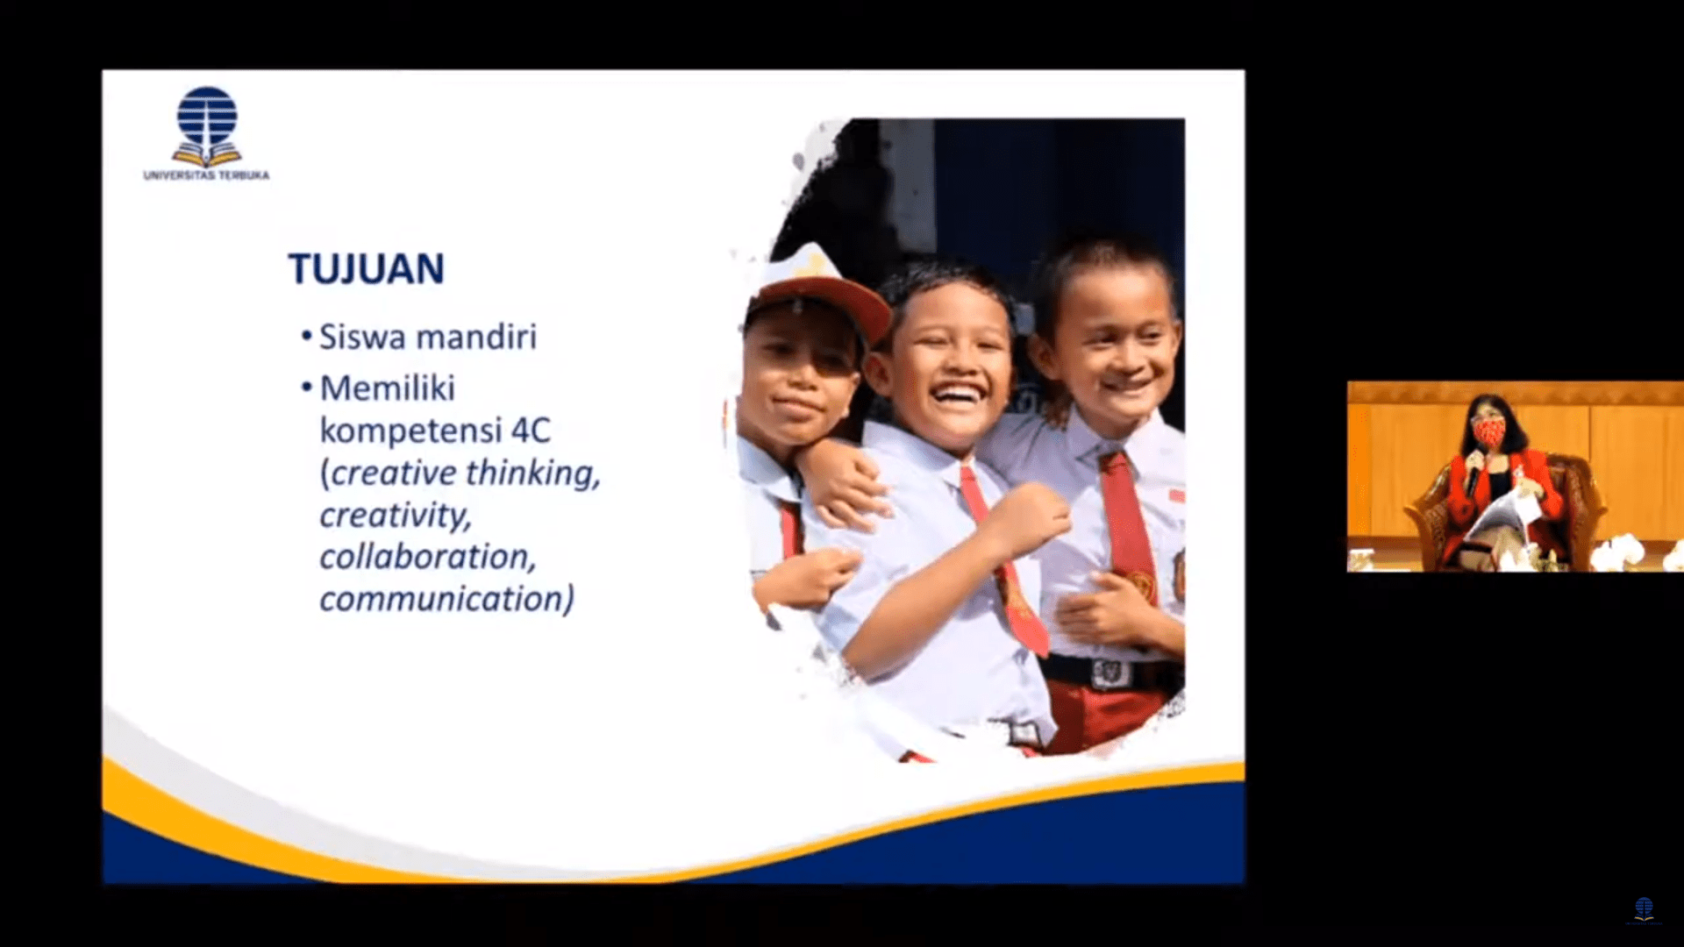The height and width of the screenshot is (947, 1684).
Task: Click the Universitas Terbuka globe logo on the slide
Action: [207, 126]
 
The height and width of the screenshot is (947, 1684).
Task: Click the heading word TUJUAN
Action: [366, 269]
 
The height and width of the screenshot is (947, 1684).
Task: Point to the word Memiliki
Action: [388, 388]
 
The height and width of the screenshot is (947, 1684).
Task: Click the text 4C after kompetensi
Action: [531, 431]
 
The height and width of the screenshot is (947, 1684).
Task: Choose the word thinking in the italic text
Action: [532, 473]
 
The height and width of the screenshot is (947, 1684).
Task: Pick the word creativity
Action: [396, 516]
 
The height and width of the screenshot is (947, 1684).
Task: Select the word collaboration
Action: [428, 557]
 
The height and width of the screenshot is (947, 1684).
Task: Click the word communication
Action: [446, 599]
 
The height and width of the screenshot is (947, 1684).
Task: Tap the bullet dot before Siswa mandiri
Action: [306, 337]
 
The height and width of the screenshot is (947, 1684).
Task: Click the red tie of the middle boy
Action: [1005, 561]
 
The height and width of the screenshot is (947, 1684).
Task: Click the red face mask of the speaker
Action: [1488, 431]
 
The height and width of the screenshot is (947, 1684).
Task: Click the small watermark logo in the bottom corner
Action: [1644, 909]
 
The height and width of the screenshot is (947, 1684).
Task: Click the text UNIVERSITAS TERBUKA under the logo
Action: [207, 175]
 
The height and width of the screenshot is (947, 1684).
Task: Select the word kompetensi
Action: [410, 431]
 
